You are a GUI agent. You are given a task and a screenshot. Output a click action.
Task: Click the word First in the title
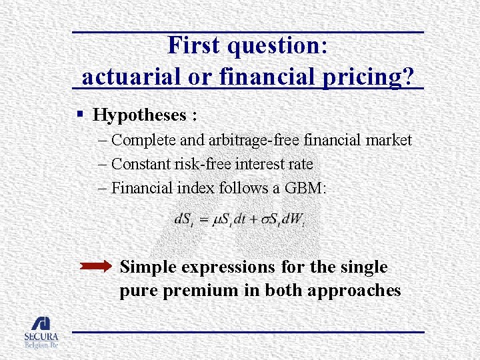pos(194,45)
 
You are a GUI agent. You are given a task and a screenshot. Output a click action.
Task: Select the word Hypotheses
pos(141,115)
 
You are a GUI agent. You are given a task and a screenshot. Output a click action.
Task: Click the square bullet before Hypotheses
pos(79,115)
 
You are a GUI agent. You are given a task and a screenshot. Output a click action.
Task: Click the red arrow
pos(96,267)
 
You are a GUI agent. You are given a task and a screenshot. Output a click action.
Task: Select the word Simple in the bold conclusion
pos(149,267)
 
